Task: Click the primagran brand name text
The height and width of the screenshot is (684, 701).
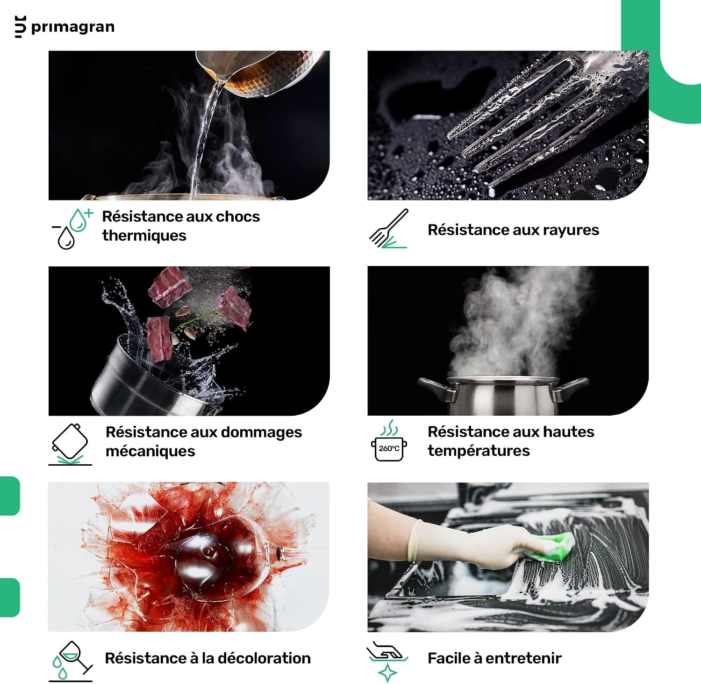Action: pyautogui.click(x=72, y=27)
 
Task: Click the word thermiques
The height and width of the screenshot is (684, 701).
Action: pyautogui.click(x=144, y=235)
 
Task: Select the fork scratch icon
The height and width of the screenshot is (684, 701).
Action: pyautogui.click(x=389, y=228)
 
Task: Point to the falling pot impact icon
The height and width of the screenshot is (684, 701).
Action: pyautogui.click(x=70, y=444)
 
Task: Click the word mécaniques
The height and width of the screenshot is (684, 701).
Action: pyautogui.click(x=150, y=451)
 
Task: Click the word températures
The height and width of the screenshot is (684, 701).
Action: pyautogui.click(x=479, y=451)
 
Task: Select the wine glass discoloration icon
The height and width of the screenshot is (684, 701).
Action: pyautogui.click(x=71, y=661)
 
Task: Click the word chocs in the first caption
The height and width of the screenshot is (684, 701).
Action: pyautogui.click(x=238, y=216)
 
